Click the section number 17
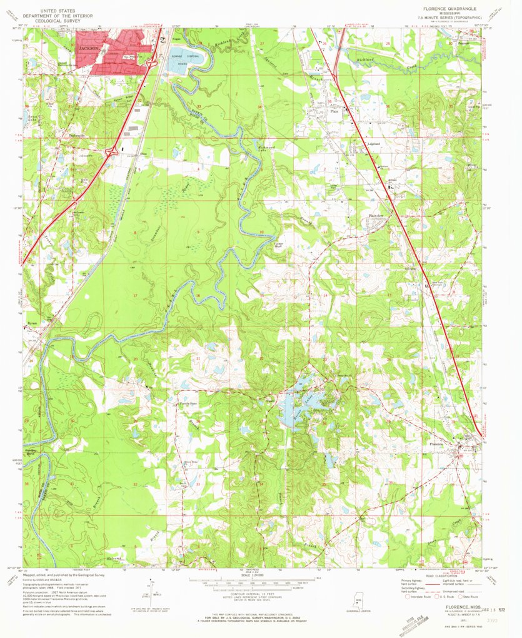click(x=134, y=295)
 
